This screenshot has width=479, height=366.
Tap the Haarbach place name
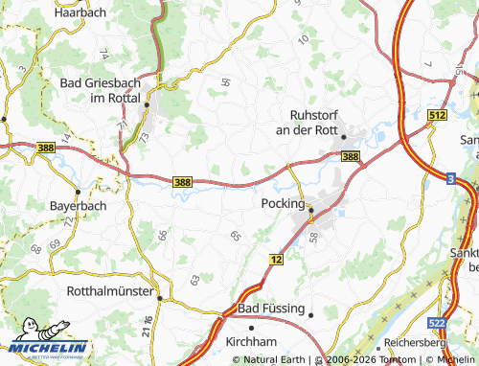80,12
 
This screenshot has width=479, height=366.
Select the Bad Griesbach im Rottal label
101,91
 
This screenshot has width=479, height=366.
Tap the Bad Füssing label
270,309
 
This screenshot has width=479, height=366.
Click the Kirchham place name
251,341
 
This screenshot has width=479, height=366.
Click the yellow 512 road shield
438,115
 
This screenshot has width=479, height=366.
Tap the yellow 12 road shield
276,260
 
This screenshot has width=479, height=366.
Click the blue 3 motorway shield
450,178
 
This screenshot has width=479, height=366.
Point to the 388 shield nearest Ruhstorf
351,156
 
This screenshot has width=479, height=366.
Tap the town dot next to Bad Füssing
310,310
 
